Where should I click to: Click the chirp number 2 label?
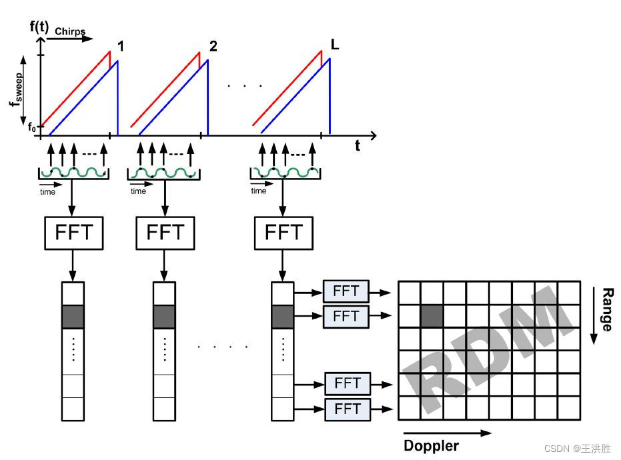[x=213, y=46]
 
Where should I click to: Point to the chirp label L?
[x=336, y=45]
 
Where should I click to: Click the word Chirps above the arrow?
[x=70, y=31]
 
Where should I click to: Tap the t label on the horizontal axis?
[x=358, y=146]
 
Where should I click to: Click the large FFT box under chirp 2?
[x=165, y=233]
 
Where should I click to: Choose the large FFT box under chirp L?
[x=284, y=233]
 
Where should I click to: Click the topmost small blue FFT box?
[x=345, y=291]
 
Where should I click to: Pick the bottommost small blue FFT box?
[x=347, y=408]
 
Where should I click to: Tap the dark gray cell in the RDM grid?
[x=432, y=316]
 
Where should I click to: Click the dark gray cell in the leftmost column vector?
[x=73, y=317]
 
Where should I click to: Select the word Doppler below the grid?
[x=432, y=445]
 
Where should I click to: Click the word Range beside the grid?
[x=606, y=309]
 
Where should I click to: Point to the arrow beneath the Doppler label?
[x=448, y=433]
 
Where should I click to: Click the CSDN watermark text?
[x=578, y=449]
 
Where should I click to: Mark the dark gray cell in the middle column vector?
[x=164, y=317]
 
